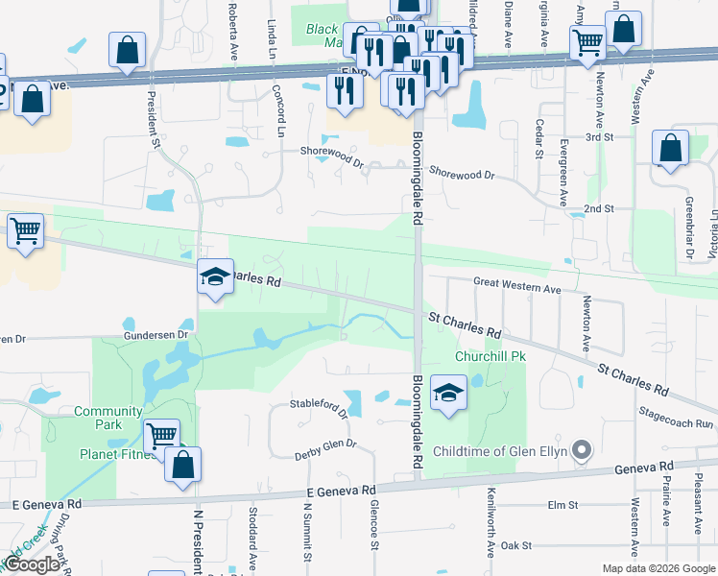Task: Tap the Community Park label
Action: point(108,418)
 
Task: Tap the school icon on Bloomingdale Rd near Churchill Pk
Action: point(448,394)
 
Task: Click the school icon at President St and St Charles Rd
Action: point(215,277)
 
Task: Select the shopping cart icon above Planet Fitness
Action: point(161,436)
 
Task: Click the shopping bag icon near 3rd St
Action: point(670,150)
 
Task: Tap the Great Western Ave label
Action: point(517,287)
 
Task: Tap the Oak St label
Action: point(515,545)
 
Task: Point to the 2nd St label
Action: point(598,208)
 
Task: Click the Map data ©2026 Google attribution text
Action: point(658,568)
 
